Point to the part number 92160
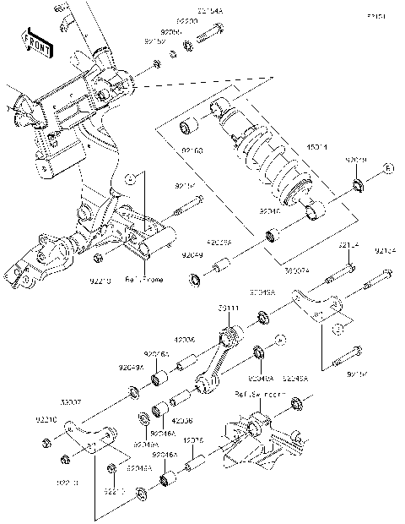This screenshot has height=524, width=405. point(192,152)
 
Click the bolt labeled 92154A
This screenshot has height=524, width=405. point(208,36)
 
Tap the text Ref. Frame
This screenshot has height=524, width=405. point(144,280)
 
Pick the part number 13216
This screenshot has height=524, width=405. point(194,439)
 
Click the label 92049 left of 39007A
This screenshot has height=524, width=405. point(192,253)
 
